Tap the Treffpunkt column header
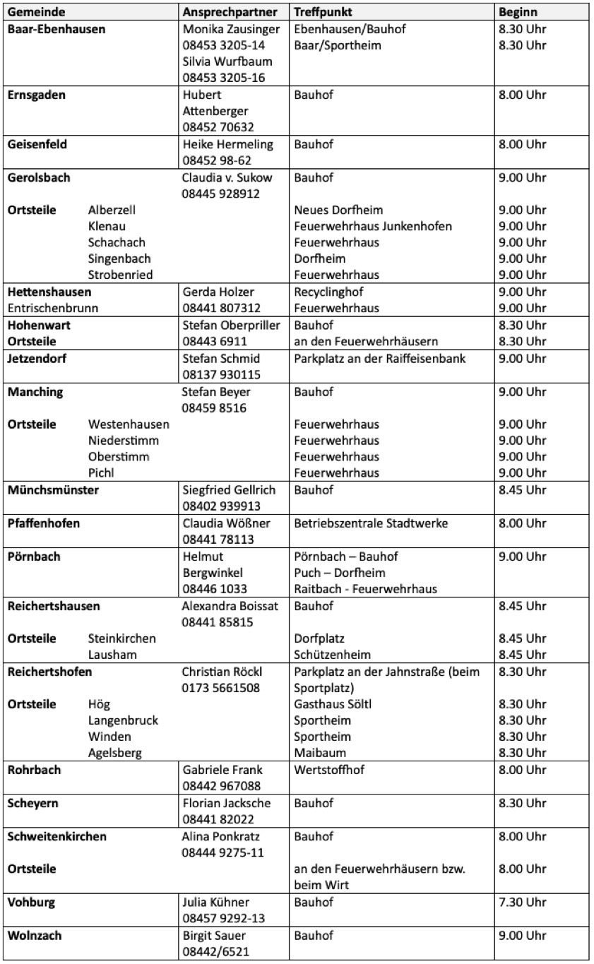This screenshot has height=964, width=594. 323,13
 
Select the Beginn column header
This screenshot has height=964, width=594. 518,13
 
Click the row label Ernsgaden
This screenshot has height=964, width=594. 35,95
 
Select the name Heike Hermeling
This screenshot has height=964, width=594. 227,144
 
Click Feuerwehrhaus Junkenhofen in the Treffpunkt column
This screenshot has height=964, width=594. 373,226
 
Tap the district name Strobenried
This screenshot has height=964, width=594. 120,275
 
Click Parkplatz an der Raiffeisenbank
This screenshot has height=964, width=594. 380,358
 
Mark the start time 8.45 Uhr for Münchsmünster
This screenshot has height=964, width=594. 522,489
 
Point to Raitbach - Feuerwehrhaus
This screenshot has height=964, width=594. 365,589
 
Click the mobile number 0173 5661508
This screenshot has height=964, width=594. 220,687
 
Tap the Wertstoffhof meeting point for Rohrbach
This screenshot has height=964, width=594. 329,770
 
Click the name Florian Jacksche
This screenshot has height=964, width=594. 226,803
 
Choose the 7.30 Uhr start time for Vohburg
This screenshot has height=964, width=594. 522,902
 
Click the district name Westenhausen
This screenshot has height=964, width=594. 129,424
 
